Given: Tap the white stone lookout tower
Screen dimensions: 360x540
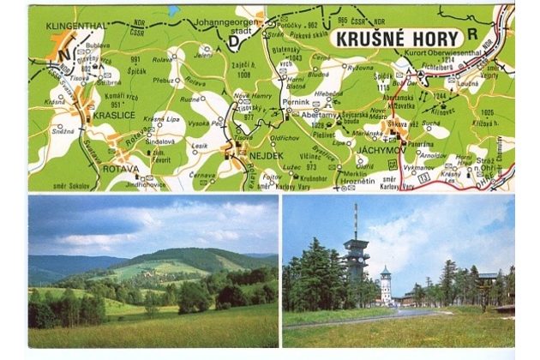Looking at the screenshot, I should pos(386,284).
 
